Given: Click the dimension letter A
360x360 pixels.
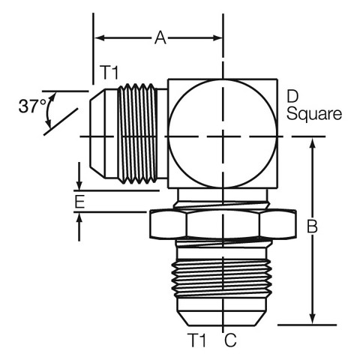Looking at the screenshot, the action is (160, 38).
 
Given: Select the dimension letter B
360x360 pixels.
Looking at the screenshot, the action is (312, 226).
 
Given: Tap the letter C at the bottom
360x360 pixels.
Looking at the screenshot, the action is (230, 340).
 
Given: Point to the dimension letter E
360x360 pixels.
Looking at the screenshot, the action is (79, 202).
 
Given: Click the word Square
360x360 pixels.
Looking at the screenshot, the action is (314, 114).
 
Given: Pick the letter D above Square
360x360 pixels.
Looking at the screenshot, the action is (292, 97).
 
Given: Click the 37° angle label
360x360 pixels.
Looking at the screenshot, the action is (32, 106).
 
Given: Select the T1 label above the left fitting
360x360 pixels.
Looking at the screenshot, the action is (109, 73).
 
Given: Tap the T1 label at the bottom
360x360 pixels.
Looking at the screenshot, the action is (198, 340).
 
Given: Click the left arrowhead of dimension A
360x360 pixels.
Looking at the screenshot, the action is (100, 38).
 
